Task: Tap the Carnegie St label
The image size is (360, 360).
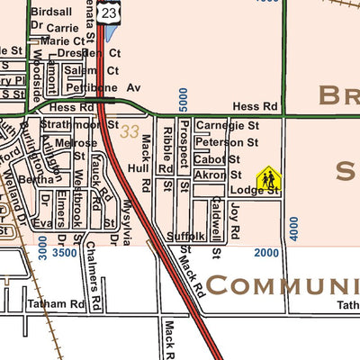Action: click(227, 127)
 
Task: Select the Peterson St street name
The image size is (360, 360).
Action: click(227, 142)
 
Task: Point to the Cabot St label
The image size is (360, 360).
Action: click(215, 159)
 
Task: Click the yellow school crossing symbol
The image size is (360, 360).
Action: click(267, 181)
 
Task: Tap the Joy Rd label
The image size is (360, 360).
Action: click(235, 220)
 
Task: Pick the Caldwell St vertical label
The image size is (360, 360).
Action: click(216, 227)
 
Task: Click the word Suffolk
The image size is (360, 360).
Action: click(186, 237)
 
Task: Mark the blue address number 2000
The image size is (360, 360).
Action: click(266, 254)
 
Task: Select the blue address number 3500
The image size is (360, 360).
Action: click(65, 254)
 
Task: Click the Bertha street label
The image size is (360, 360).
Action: click(37, 180)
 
